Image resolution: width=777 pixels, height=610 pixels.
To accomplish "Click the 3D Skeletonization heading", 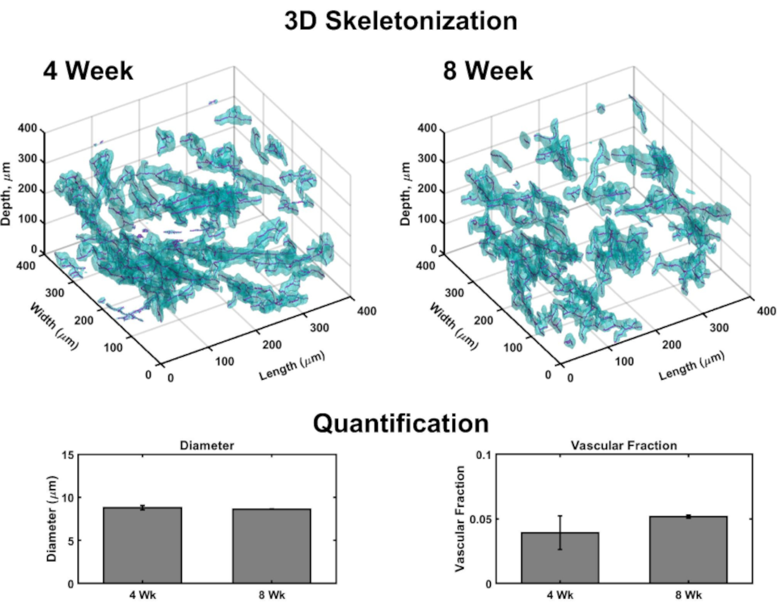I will tap(401, 21).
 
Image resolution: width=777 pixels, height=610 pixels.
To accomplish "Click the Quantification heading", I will tap(401, 423).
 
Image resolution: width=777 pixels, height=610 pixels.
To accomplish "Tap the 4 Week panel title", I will tap(88, 71).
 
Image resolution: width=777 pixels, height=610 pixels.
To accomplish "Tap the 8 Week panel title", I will tap(488, 71).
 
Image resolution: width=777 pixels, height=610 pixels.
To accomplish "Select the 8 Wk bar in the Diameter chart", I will tap(272, 546).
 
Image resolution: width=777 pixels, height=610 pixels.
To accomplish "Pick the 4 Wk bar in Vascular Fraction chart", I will tap(560, 558).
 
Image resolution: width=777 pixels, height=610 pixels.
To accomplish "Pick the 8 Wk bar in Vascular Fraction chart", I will tap(688, 550).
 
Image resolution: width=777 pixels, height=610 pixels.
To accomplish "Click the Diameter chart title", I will tap(207, 445).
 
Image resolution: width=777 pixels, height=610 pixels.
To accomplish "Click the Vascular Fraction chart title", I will tap(624, 445).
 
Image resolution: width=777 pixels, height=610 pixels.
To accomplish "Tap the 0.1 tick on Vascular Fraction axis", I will tap(484, 455).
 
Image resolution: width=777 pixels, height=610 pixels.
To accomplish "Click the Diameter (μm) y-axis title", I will tap(52, 519).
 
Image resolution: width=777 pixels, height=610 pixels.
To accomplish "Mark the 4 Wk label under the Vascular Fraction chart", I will tap(560, 595).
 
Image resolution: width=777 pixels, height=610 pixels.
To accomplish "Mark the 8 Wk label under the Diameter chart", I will tap(272, 595).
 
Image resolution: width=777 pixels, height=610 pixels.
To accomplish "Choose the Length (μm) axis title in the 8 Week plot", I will tap(692, 365).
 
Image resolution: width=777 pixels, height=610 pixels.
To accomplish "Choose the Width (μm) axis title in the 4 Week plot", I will tap(54, 326).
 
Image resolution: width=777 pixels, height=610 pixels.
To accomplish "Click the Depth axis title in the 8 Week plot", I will tap(405, 193).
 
